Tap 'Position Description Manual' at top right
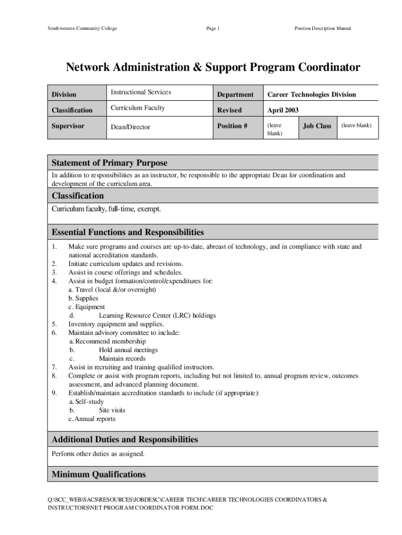click(x=323, y=28)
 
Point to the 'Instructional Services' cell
click(x=140, y=92)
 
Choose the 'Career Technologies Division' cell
click(x=312, y=95)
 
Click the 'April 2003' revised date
click(x=283, y=110)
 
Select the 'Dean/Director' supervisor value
click(x=130, y=127)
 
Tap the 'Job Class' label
click(x=317, y=126)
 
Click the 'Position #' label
click(x=233, y=126)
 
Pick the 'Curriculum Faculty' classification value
click(x=137, y=108)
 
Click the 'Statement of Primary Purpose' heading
click(x=110, y=163)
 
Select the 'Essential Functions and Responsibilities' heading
click(x=128, y=232)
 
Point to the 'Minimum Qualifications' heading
click(x=99, y=474)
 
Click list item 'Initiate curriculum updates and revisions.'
click(x=126, y=264)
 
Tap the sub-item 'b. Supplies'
click(x=83, y=298)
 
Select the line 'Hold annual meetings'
click(x=128, y=350)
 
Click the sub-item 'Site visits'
click(x=112, y=411)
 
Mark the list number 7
click(x=54, y=367)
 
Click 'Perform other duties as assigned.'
click(x=98, y=454)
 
